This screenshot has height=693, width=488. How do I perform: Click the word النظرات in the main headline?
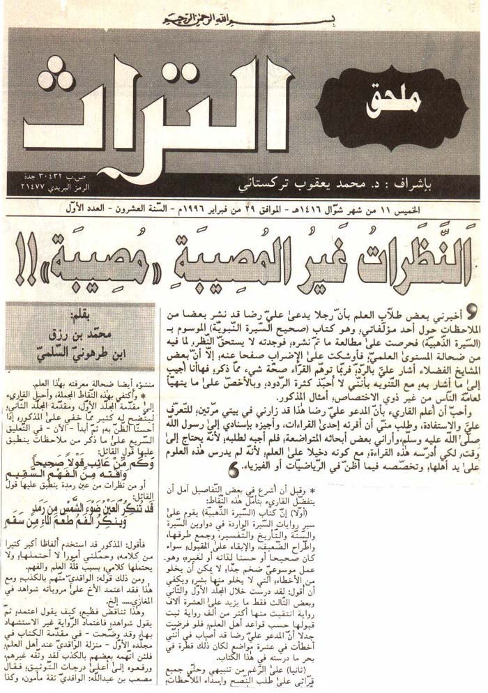(411, 254)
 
